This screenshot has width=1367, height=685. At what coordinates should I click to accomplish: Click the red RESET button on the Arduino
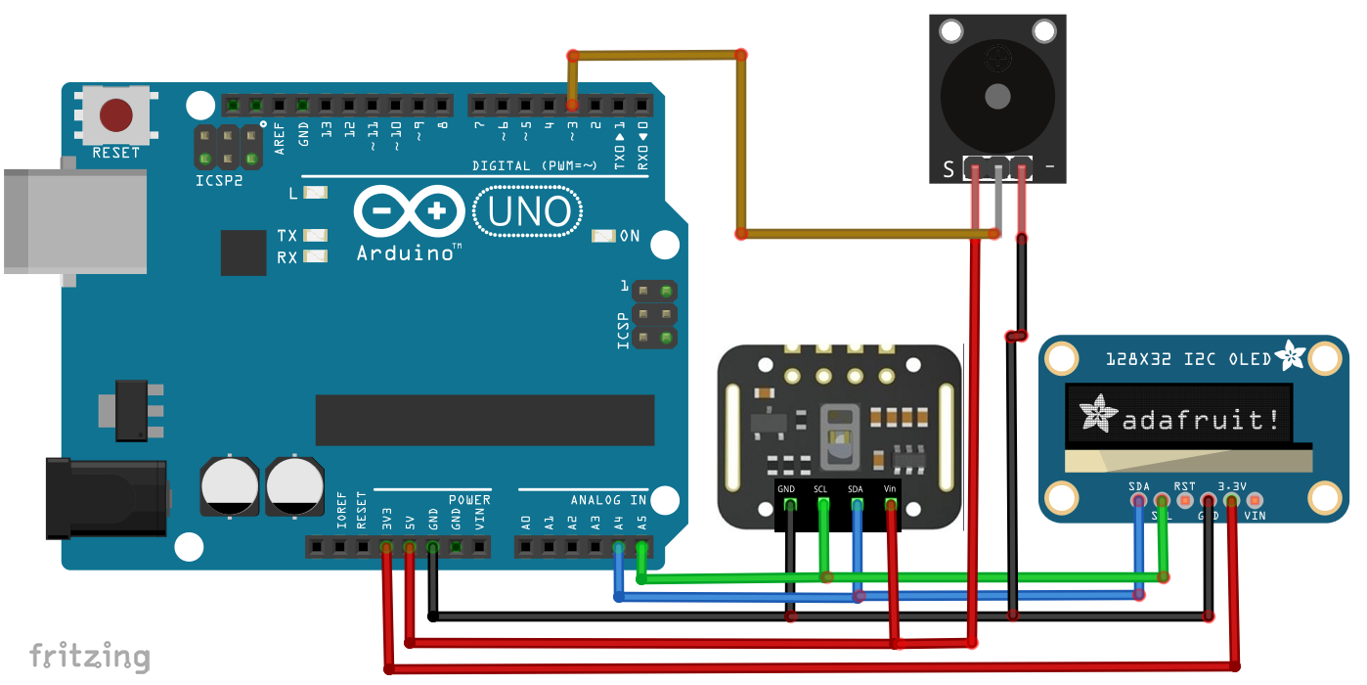116,115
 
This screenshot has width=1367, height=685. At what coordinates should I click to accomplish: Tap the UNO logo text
528,212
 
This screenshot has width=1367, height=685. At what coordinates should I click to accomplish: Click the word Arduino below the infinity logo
408,252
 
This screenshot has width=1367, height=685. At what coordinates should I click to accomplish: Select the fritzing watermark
89,656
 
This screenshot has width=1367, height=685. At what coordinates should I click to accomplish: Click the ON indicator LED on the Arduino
603,236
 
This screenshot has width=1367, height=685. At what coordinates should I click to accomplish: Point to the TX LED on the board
314,236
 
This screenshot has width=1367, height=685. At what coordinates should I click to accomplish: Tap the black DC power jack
103,498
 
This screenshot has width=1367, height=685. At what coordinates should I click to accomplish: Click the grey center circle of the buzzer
997,96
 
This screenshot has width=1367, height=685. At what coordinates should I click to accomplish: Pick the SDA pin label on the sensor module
856,488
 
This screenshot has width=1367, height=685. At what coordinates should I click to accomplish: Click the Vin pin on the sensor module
890,505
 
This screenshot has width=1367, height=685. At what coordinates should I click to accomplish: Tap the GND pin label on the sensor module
787,488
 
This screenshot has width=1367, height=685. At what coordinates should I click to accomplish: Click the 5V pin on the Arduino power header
410,547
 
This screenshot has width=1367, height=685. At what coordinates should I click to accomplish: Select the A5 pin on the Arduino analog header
641,547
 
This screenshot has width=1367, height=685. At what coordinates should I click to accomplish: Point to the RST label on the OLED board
1184,485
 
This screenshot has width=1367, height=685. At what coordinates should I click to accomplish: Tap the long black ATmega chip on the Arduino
484,420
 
